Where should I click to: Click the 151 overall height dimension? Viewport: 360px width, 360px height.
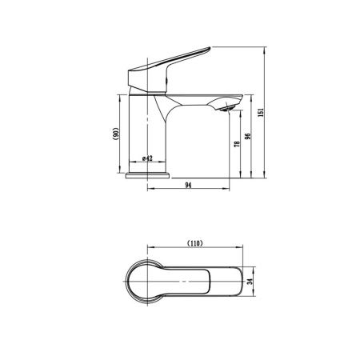tap(261, 112)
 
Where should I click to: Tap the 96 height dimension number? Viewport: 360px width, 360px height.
tap(248, 136)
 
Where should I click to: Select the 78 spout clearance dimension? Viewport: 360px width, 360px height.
tap(237, 144)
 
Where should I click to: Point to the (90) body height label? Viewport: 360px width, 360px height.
tap(115, 134)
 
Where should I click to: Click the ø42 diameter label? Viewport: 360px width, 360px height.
tap(147, 158)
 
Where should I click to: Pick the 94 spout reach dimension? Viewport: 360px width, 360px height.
tap(188, 185)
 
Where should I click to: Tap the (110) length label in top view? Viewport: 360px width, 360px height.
tap(195, 243)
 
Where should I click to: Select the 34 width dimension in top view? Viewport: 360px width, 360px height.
tap(250, 282)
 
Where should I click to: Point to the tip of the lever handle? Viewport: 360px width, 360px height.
tap(210, 48)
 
